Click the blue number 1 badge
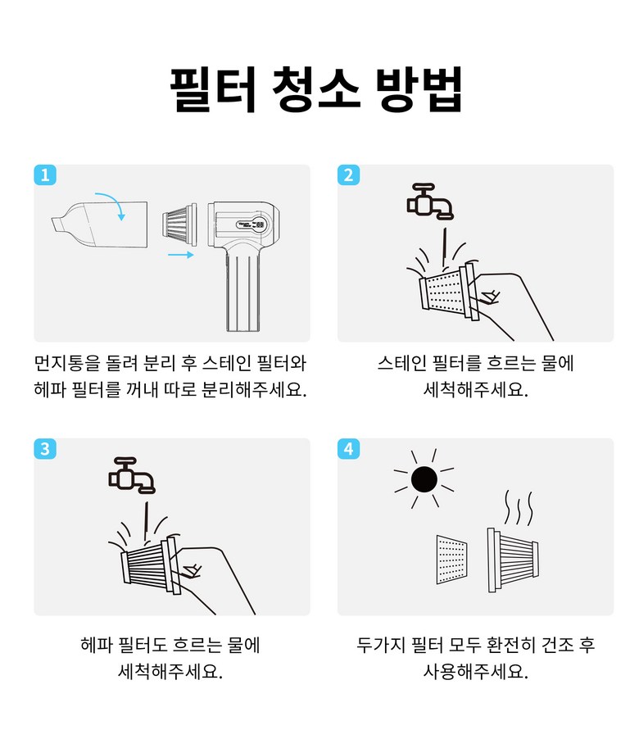[x=45, y=175]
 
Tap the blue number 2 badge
[x=349, y=175]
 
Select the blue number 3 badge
[x=45, y=449]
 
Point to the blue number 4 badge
[x=349, y=449]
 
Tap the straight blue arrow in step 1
[x=180, y=255]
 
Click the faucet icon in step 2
[x=430, y=202]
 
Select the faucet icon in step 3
[x=132, y=475]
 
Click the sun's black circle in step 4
[x=424, y=479]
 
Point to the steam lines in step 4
[x=519, y=507]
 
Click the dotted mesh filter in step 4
[x=451, y=560]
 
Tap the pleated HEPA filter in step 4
[x=512, y=560]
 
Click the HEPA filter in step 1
[x=179, y=224]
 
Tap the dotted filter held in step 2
[x=448, y=292]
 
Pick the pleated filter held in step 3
[x=151, y=565]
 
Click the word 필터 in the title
[x=213, y=89]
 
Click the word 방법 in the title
[x=419, y=89]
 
